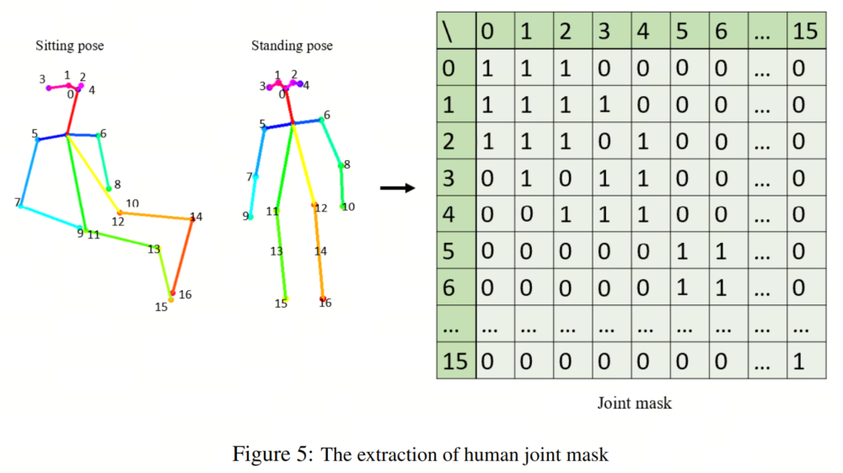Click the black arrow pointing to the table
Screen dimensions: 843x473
coord(397,187)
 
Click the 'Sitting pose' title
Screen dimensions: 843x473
coord(70,46)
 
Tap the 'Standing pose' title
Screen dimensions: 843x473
coord(292,46)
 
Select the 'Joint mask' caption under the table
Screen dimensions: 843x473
coord(635,403)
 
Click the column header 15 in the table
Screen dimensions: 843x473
coord(805,31)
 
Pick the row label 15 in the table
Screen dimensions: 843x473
coord(455,361)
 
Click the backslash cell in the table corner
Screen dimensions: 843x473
coord(456,31)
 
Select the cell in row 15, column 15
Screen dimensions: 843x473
coord(805,361)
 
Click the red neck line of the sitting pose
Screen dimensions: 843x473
coord(72,112)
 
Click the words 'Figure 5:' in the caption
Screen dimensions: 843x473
coord(272,454)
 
